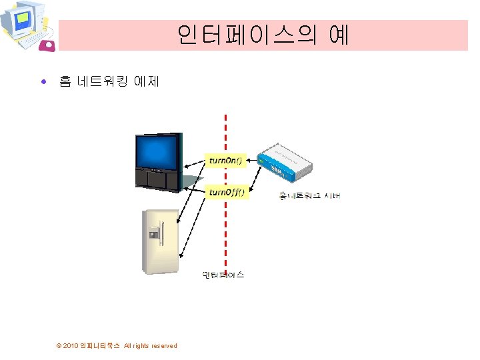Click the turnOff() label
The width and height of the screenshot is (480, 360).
pyautogui.click(x=227, y=192)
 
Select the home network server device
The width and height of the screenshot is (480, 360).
pyautogui.click(x=285, y=161)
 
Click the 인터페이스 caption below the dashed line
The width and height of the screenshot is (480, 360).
pyautogui.click(x=223, y=275)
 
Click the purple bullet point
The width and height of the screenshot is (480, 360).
pyautogui.click(x=44, y=83)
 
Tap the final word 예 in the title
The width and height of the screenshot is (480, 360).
pyautogui.click(x=339, y=35)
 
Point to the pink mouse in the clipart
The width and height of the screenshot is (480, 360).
pyautogui.click(x=48, y=45)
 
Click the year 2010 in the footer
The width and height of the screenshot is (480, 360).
pyautogui.click(x=70, y=345)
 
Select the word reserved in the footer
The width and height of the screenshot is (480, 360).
pyautogui.click(x=164, y=345)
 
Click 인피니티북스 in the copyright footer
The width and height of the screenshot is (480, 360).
pyautogui.click(x=100, y=345)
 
